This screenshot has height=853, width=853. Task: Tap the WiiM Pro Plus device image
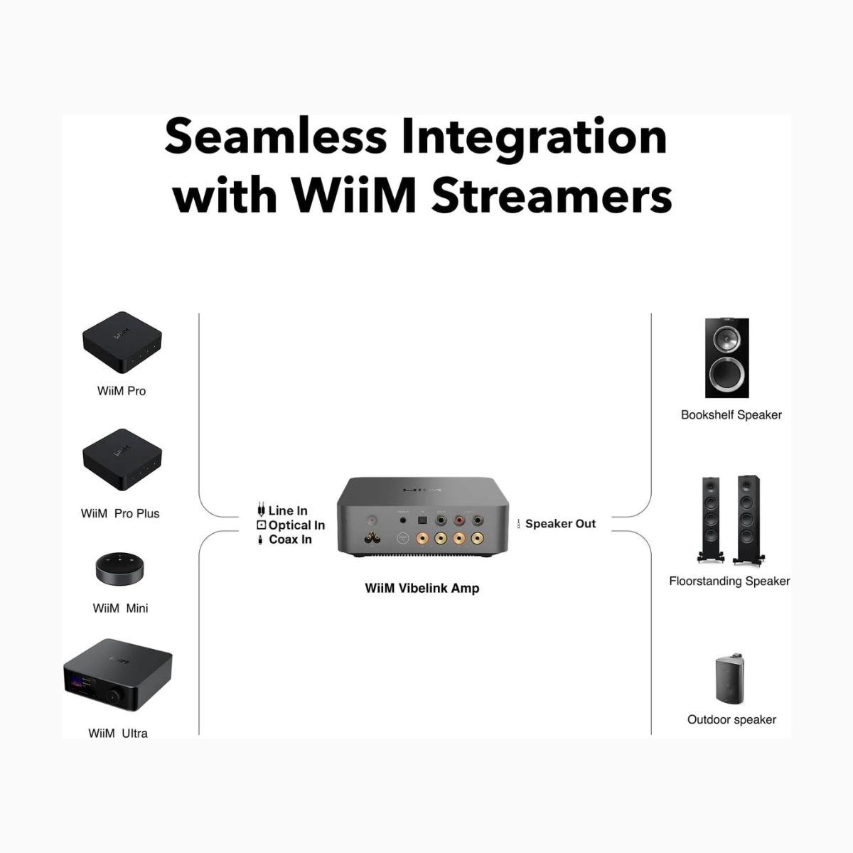point(122,458)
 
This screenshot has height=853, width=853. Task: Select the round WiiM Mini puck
point(119,568)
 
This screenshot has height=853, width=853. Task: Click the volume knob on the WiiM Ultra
point(113,695)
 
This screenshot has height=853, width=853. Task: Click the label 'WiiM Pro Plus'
point(120,513)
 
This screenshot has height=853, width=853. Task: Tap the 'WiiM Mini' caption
point(120,608)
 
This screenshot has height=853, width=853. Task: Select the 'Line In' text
point(288,510)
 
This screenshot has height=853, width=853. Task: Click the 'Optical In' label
point(296,525)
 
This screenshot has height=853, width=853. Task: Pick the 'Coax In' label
point(290,540)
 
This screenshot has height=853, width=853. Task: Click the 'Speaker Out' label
point(560,524)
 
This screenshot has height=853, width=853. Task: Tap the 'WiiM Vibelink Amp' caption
point(422,588)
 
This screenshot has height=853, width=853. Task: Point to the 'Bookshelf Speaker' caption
point(731,414)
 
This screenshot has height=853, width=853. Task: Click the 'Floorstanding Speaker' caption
point(729,581)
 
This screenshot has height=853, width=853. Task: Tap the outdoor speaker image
point(730,678)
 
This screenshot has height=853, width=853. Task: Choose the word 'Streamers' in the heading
point(552,195)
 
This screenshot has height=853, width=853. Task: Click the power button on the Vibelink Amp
point(371,520)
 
